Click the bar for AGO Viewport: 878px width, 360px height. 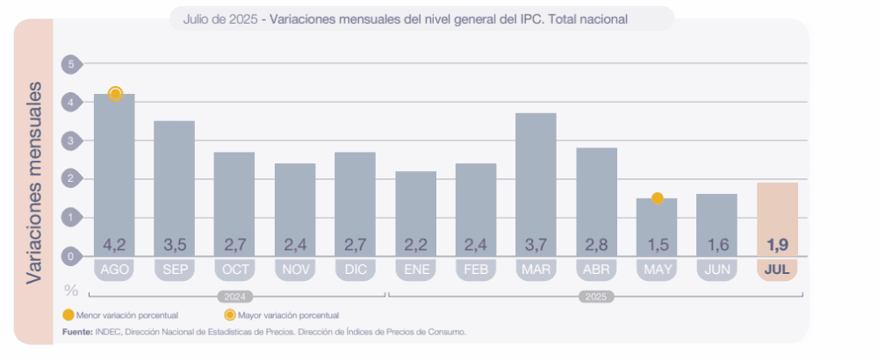114,176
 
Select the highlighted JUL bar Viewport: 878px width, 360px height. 777,220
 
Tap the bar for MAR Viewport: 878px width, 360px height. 536,184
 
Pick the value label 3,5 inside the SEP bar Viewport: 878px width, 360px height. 174,244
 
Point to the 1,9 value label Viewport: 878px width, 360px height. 777,244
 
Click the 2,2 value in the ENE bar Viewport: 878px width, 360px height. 415,244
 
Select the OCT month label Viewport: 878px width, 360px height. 234,270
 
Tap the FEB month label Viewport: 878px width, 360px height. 475,270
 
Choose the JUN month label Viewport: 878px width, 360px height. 716,270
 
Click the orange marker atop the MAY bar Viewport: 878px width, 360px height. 657,198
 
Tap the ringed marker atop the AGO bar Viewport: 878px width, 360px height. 114,94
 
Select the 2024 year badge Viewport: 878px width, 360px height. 234,297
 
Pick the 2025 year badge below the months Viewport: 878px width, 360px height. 596,297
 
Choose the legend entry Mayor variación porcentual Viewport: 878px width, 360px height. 290,314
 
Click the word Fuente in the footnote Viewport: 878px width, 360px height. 77,332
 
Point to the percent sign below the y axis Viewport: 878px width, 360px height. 71,290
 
